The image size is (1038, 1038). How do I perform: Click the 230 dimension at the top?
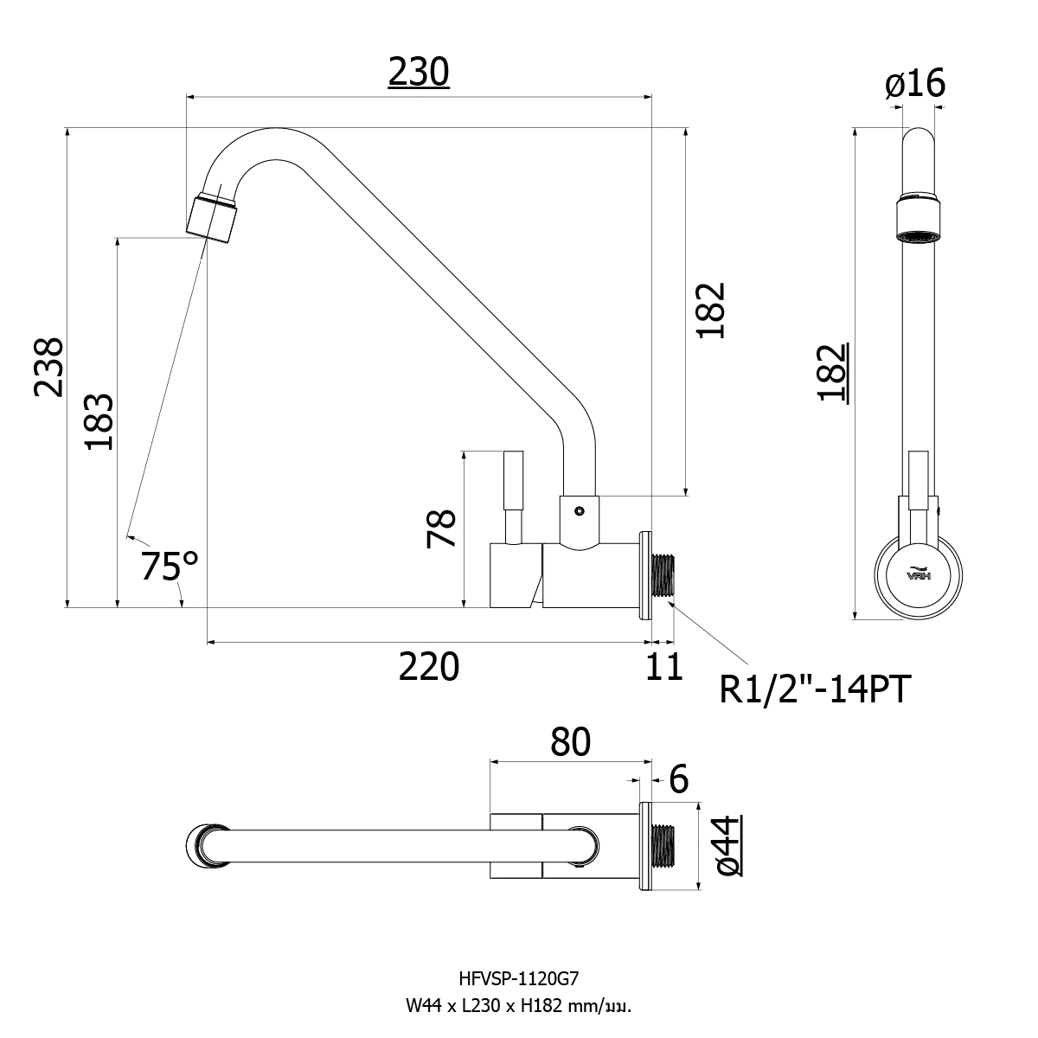[419, 73]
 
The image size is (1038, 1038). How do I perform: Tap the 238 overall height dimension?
[48, 367]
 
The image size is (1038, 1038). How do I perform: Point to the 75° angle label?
[170, 567]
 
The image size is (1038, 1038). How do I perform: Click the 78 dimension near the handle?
[441, 528]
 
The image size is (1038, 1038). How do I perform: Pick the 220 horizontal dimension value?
[428, 667]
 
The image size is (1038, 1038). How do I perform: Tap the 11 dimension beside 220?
[665, 667]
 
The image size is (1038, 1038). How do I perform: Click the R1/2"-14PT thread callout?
[816, 689]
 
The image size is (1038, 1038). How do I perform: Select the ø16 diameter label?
[915, 84]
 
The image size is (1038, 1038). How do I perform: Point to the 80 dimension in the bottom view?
[570, 741]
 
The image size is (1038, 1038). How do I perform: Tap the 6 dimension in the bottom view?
[679, 779]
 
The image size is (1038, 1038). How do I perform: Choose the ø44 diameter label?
[729, 844]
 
